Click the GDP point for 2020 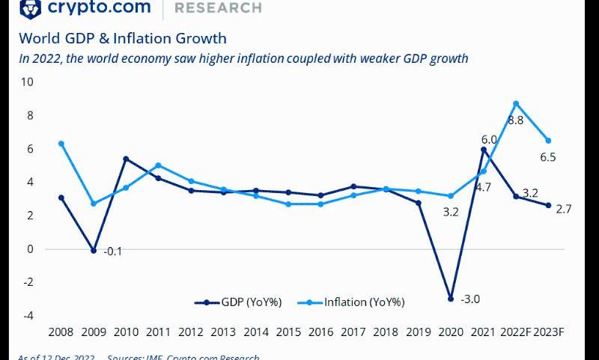[451, 299]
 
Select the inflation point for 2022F [516, 103]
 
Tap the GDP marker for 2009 [94, 251]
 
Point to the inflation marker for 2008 [61, 144]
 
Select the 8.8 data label [515, 120]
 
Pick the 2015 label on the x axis [288, 332]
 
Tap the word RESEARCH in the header [218, 8]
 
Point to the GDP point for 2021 [484, 150]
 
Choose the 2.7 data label [564, 209]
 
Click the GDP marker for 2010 [126, 159]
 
